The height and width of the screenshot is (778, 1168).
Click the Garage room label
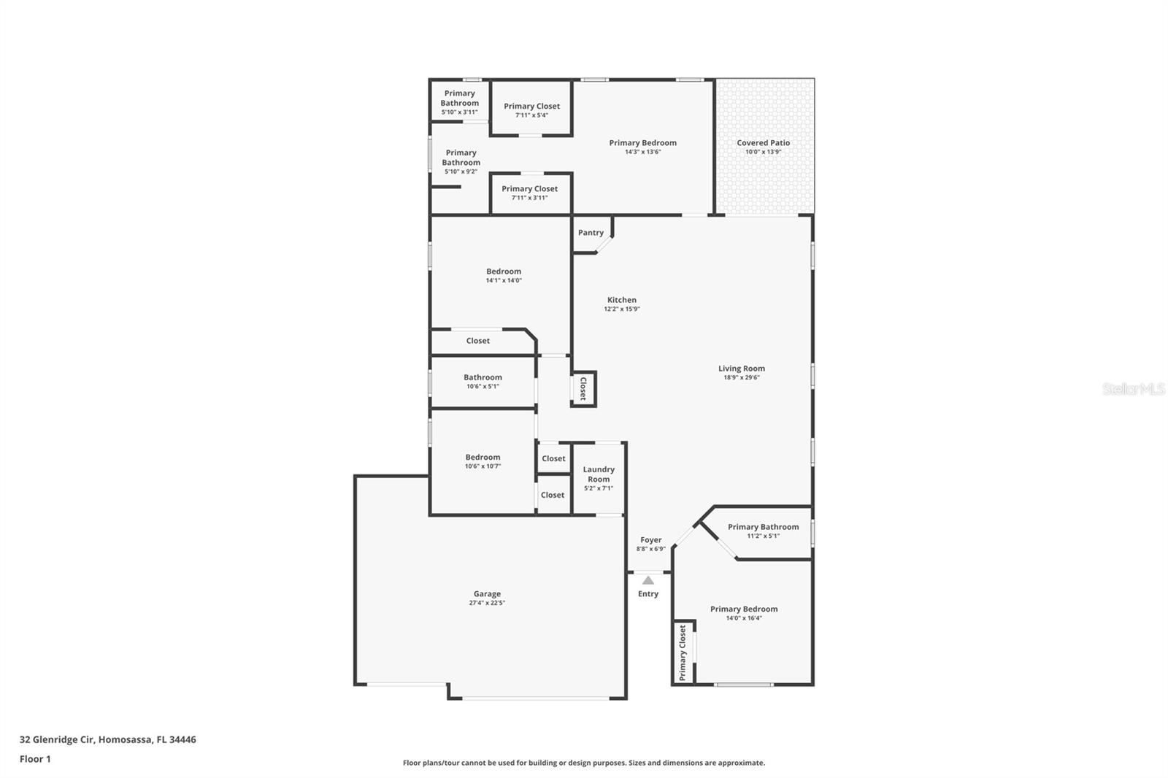pyautogui.click(x=487, y=594)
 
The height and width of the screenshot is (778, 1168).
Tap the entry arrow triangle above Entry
pyautogui.click(x=648, y=580)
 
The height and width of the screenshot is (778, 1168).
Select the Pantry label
pyautogui.click(x=591, y=233)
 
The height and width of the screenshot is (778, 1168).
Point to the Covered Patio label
pyautogui.click(x=763, y=143)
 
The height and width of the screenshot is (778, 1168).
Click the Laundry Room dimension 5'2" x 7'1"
pyautogui.click(x=599, y=488)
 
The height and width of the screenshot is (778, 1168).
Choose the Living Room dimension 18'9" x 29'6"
pyautogui.click(x=741, y=377)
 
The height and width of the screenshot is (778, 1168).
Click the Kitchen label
pyautogui.click(x=621, y=300)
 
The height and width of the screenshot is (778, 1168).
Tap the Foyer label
pyautogui.click(x=650, y=540)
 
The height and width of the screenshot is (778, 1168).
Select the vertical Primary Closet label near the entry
pyautogui.click(x=683, y=652)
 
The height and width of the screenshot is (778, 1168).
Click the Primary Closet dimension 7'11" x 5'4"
pyautogui.click(x=531, y=115)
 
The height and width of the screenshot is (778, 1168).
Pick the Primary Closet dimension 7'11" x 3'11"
pyautogui.click(x=529, y=198)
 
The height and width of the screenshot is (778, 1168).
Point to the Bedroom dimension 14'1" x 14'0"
pyautogui.click(x=504, y=280)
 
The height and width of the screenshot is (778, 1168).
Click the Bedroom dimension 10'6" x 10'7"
pyautogui.click(x=483, y=466)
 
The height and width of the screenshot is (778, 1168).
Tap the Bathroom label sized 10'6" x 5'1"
pyautogui.click(x=483, y=377)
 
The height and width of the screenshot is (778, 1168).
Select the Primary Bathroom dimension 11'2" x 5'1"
pyautogui.click(x=763, y=536)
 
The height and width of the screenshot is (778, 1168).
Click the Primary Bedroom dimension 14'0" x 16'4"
pyautogui.click(x=744, y=618)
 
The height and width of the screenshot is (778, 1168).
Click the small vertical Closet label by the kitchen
pyautogui.click(x=583, y=388)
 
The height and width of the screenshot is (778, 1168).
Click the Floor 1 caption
pyautogui.click(x=35, y=759)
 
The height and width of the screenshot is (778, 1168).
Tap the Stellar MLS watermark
pyautogui.click(x=1133, y=389)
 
